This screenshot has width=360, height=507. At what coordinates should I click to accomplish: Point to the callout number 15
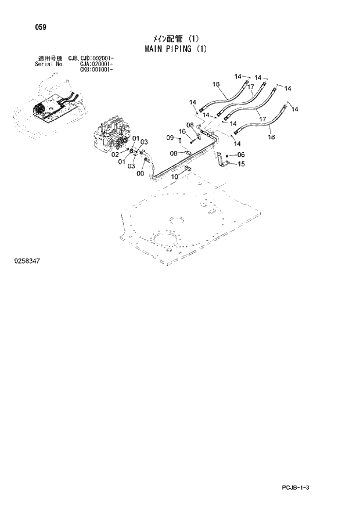[241, 164]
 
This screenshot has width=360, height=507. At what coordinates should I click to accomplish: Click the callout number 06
[241, 154]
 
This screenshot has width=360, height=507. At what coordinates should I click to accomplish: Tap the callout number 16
[182, 132]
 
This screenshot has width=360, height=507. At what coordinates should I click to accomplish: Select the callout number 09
[170, 138]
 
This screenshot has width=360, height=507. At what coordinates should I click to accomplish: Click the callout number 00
[140, 173]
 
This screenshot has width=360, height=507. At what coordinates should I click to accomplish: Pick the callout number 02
[115, 154]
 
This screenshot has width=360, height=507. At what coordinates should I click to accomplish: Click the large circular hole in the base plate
[167, 242]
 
